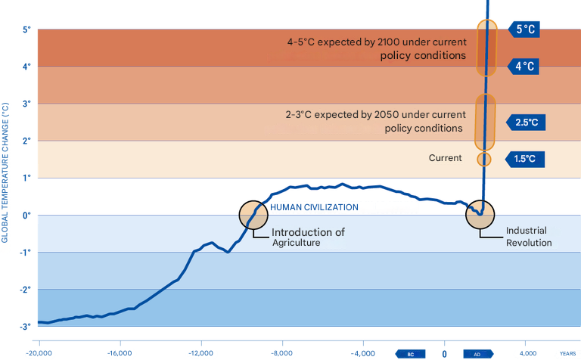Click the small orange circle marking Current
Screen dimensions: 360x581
484,159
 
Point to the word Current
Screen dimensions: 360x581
445,159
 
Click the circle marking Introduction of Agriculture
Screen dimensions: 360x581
253,215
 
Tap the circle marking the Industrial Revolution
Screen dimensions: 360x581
480,214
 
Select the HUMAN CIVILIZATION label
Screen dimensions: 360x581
314,207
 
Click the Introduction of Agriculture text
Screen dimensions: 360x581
308,237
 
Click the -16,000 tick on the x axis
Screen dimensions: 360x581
120,353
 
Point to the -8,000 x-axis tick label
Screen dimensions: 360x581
281,353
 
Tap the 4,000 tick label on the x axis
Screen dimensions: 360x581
528,353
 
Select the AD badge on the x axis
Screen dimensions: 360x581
477,353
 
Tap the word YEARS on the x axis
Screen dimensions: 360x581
568,353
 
